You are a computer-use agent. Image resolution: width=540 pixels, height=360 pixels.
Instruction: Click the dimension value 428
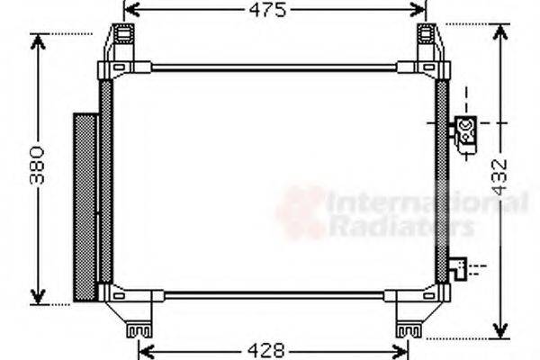click(x=266, y=350)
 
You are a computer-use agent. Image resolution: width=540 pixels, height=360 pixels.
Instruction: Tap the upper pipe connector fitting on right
click(x=467, y=128)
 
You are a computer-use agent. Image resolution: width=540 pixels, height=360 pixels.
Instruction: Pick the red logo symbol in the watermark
click(x=300, y=213)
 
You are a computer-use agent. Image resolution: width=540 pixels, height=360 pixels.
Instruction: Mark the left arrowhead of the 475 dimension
click(x=127, y=11)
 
